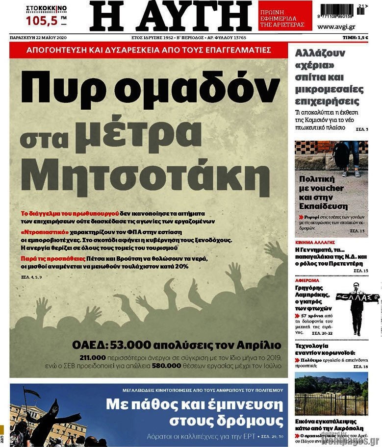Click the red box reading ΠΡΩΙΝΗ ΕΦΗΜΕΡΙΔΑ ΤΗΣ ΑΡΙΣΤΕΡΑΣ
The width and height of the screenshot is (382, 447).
pyautogui.click(x=285, y=16)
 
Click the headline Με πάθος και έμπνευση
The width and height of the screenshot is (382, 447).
pyautogui.click(x=196, y=405)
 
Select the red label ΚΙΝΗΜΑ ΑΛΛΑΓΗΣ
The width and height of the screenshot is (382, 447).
pyautogui.click(x=315, y=242)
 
